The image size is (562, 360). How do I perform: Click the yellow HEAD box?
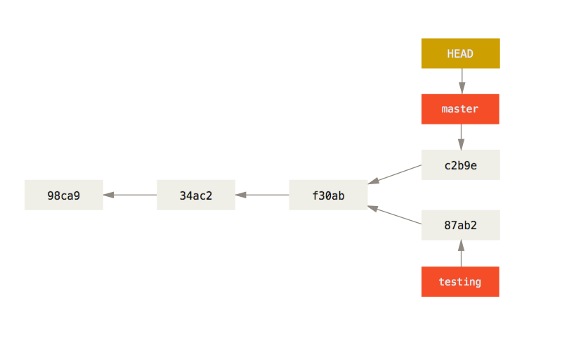(x=460, y=53)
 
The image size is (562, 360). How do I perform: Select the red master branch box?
(x=460, y=109)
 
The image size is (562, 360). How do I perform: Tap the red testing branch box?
(x=460, y=282)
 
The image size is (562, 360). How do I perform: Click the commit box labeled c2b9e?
(x=460, y=165)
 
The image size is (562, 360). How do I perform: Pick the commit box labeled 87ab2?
(x=460, y=225)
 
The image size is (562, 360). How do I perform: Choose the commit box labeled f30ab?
(x=328, y=195)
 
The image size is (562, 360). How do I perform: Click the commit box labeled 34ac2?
(x=196, y=195)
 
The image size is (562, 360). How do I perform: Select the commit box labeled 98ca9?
(x=64, y=195)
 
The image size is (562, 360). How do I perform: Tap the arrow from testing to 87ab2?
(x=461, y=254)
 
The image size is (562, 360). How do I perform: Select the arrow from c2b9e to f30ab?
(x=395, y=174)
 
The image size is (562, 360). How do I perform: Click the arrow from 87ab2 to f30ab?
(x=395, y=215)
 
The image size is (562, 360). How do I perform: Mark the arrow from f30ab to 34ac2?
(x=262, y=195)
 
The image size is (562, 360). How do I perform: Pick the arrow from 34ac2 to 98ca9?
(x=130, y=195)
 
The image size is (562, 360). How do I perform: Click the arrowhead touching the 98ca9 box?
(x=109, y=195)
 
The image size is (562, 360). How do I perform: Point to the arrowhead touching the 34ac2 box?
(x=241, y=195)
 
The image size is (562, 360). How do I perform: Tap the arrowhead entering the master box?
(x=461, y=89)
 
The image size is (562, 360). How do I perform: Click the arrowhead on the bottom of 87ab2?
(x=461, y=245)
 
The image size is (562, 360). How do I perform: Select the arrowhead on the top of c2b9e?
(x=461, y=145)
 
